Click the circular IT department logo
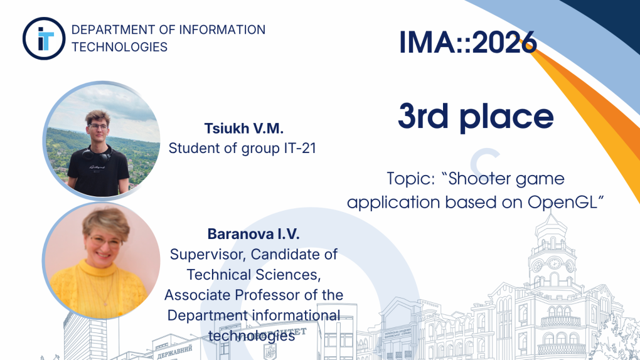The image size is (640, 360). (44, 38)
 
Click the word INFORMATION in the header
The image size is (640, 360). (223, 30)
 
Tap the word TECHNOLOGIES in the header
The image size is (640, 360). (120, 47)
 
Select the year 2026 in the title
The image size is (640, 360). (504, 42)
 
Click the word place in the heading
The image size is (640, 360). (506, 117)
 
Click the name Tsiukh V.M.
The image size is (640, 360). (243, 128)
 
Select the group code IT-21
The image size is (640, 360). (300, 148)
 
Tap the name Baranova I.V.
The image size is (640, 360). (253, 234)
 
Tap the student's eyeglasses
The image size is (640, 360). (98, 127)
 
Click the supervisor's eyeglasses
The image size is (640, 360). (105, 242)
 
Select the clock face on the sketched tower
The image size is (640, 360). (554, 263)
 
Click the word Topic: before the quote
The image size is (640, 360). (411, 178)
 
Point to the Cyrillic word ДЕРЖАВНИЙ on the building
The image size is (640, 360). (174, 351)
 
